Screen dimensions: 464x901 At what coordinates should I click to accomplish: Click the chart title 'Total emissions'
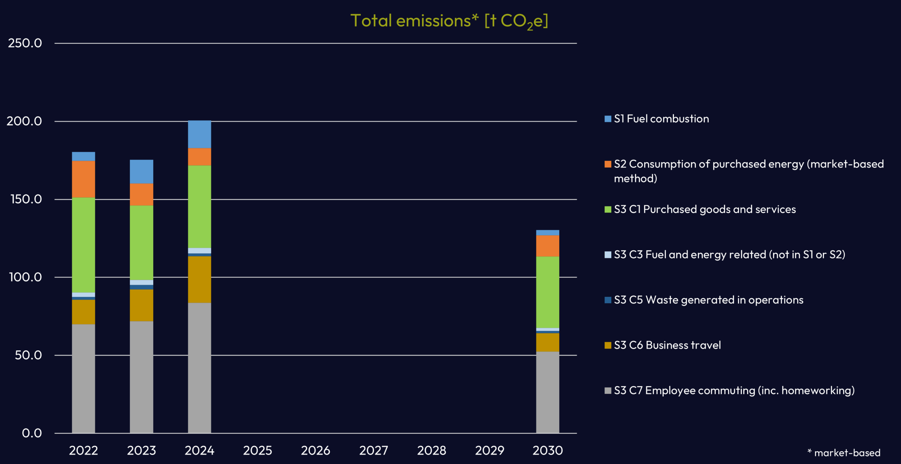(449, 21)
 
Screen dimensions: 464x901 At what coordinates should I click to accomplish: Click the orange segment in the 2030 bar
(547, 246)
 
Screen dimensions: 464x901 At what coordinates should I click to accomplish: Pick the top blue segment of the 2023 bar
(141, 171)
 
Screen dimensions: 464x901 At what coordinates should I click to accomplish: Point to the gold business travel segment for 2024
(200, 279)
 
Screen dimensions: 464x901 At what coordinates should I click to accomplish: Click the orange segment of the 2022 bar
(83, 179)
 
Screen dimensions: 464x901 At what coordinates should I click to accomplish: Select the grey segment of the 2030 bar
(547, 392)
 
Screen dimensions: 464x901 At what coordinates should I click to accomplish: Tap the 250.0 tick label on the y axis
(25, 43)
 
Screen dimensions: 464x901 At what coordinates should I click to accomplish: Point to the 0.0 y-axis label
(32, 433)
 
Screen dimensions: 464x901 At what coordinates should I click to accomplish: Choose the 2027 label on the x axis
(374, 451)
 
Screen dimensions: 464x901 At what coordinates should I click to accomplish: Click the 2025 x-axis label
(258, 451)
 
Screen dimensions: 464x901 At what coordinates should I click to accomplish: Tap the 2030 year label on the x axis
(547, 451)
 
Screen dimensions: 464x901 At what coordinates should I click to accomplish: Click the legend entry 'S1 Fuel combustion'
(661, 119)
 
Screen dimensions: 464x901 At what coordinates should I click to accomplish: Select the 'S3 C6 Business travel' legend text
(667, 345)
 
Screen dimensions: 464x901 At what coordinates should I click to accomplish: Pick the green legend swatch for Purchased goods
(608, 209)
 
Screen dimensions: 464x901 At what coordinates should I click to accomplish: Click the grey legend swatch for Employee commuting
(608, 390)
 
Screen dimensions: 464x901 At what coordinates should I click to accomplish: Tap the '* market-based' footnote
(844, 453)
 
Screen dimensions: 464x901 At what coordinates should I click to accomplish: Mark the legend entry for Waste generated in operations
(709, 300)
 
